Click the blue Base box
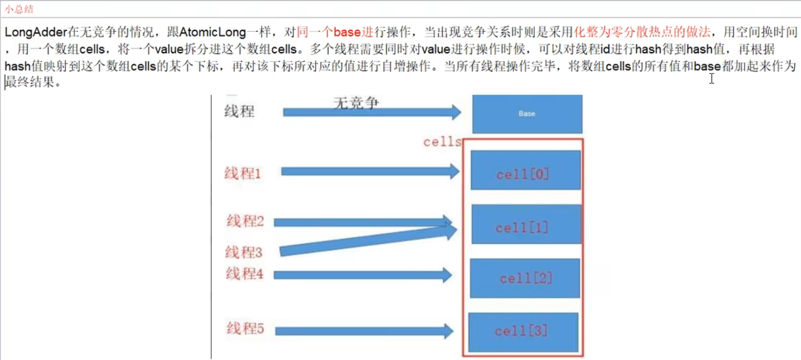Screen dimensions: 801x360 [x=527, y=114]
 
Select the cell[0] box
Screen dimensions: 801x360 [x=525, y=170]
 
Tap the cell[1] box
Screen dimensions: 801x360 [x=526, y=225]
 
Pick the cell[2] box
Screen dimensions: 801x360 [x=525, y=278]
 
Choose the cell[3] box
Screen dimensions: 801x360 [x=523, y=332]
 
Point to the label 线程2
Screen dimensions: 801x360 [x=245, y=222]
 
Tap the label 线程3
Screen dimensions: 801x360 [x=243, y=252]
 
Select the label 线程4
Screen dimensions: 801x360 [x=245, y=274]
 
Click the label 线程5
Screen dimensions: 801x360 [x=245, y=328]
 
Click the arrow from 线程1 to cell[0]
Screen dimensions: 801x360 [x=369, y=172]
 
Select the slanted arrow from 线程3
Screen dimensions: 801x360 [x=367, y=241]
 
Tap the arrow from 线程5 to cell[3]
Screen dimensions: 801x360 [x=363, y=332]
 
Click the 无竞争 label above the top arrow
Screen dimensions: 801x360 [x=356, y=103]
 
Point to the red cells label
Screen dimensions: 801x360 [x=442, y=142]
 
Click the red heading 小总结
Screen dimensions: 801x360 [x=19, y=9]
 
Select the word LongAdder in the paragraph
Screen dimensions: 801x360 [x=36, y=32]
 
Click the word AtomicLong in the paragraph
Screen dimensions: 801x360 [x=212, y=32]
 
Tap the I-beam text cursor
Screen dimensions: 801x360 [x=712, y=78]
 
